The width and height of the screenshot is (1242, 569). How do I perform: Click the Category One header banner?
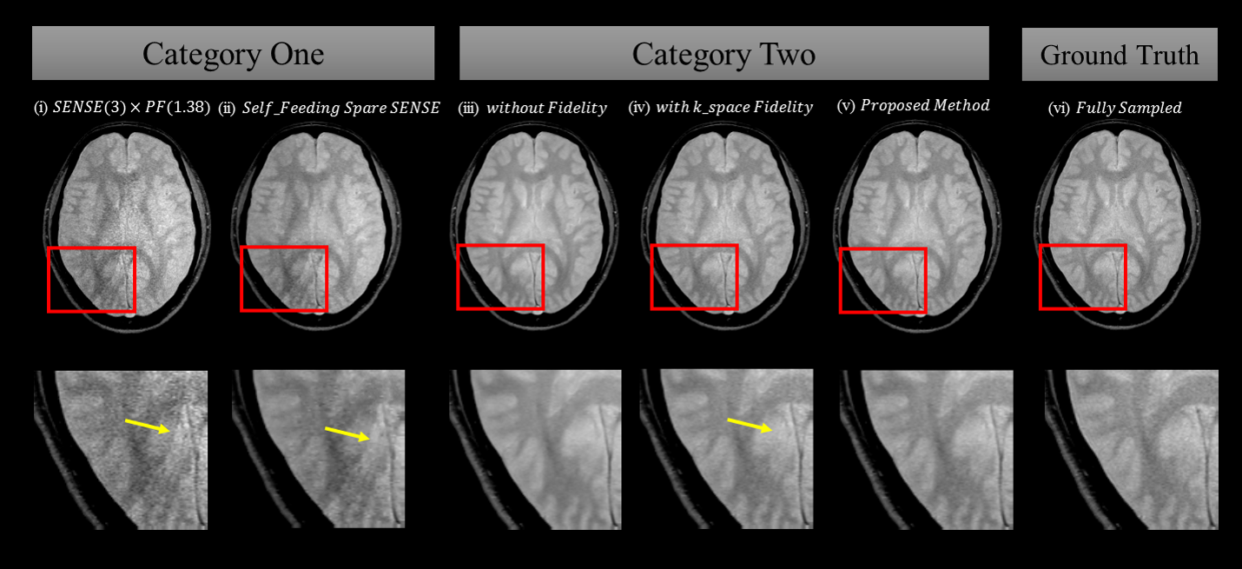coord(233,54)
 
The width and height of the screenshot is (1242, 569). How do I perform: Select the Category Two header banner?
coord(723,54)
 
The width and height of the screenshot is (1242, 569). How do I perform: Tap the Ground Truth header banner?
coord(1119,55)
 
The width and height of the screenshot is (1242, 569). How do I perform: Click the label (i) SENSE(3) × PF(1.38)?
coord(122,109)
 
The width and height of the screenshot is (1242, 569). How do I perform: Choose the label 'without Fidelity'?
coord(532,109)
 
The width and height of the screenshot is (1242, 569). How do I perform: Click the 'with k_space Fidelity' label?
coord(720,108)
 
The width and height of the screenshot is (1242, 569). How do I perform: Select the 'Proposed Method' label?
coord(913,106)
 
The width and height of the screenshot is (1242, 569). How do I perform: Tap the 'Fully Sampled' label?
coord(1115,109)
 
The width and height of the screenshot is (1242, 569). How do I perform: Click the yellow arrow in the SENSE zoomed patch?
coord(147,427)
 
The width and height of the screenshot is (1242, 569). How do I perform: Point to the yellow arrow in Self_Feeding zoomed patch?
coord(347,433)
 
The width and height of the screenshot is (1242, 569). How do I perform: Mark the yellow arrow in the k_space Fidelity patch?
coord(750,424)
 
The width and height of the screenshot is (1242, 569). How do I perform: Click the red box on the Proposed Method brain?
coord(882,280)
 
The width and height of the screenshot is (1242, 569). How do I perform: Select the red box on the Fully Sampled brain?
coord(1082,277)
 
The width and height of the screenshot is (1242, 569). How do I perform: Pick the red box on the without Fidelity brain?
coord(500,276)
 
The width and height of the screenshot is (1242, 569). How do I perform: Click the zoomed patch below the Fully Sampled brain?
coord(1131,449)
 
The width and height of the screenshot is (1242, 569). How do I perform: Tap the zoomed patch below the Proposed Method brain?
coord(927,449)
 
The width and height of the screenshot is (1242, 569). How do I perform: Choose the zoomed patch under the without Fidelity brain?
coord(535,449)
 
